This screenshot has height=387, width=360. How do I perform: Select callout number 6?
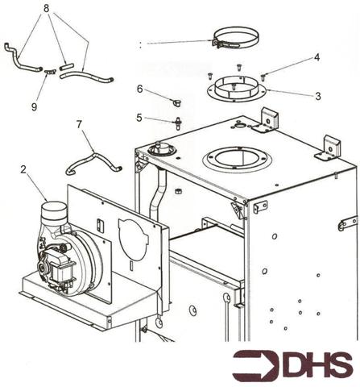point(139,89)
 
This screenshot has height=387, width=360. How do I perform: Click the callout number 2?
point(23,171)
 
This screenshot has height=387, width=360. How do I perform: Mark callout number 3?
point(317,96)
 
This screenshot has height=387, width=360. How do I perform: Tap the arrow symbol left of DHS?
point(252,365)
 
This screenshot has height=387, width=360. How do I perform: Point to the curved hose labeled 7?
point(92,158)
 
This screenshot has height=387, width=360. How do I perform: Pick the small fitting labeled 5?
point(177,123)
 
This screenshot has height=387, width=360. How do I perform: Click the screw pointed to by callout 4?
point(263,77)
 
